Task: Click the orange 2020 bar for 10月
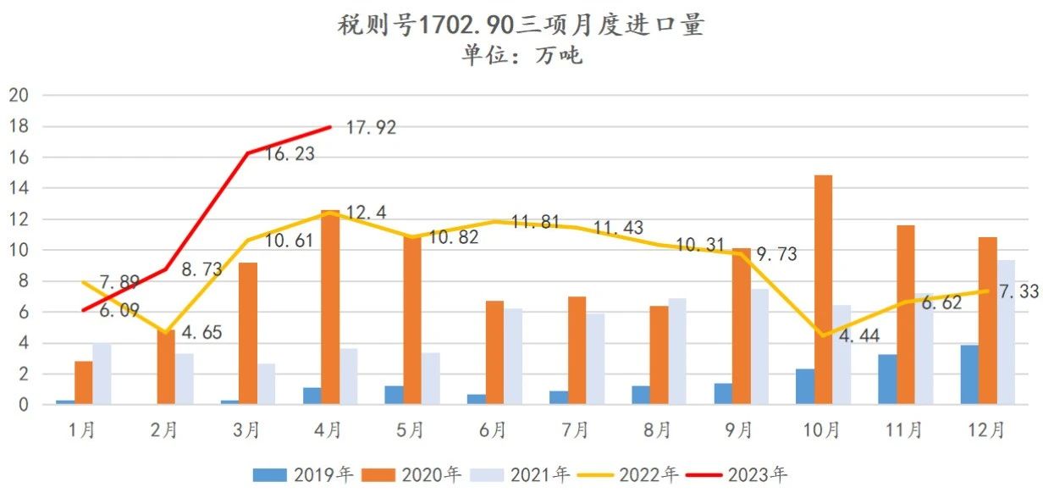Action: pos(822,290)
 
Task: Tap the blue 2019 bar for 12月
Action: pos(969,374)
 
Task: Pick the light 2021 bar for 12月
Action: pos(1005,332)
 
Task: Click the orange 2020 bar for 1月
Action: pos(83,383)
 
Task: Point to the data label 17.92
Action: pos(371,128)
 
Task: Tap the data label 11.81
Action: pos(536,224)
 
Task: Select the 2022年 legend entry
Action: pos(627,474)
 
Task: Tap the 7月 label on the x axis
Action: pos(575,430)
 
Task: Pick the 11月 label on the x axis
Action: pos(904,430)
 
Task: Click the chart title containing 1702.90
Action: pos(520,26)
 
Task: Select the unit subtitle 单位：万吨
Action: pos(521,56)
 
